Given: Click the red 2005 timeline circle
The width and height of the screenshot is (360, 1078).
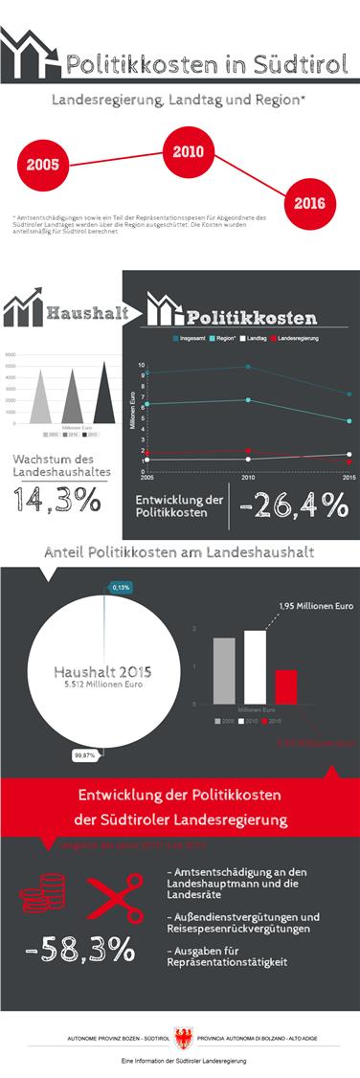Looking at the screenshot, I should point(44,164).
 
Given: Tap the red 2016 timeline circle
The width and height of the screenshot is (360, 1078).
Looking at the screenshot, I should point(309,203).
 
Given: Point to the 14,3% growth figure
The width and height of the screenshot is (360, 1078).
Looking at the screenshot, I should point(58,498).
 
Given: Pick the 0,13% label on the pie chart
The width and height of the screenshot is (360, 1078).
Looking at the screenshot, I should point(121,587).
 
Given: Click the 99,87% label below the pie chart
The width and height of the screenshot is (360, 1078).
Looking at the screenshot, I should point(85,755).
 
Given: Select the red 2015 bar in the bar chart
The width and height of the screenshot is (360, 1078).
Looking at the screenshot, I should point(285,686).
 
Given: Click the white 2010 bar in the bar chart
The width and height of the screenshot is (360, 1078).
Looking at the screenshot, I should point(255,666).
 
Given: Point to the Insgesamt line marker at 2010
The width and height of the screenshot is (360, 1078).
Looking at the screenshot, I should point(248,367).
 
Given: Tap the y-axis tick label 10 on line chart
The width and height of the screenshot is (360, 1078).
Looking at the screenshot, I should point(141,365).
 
